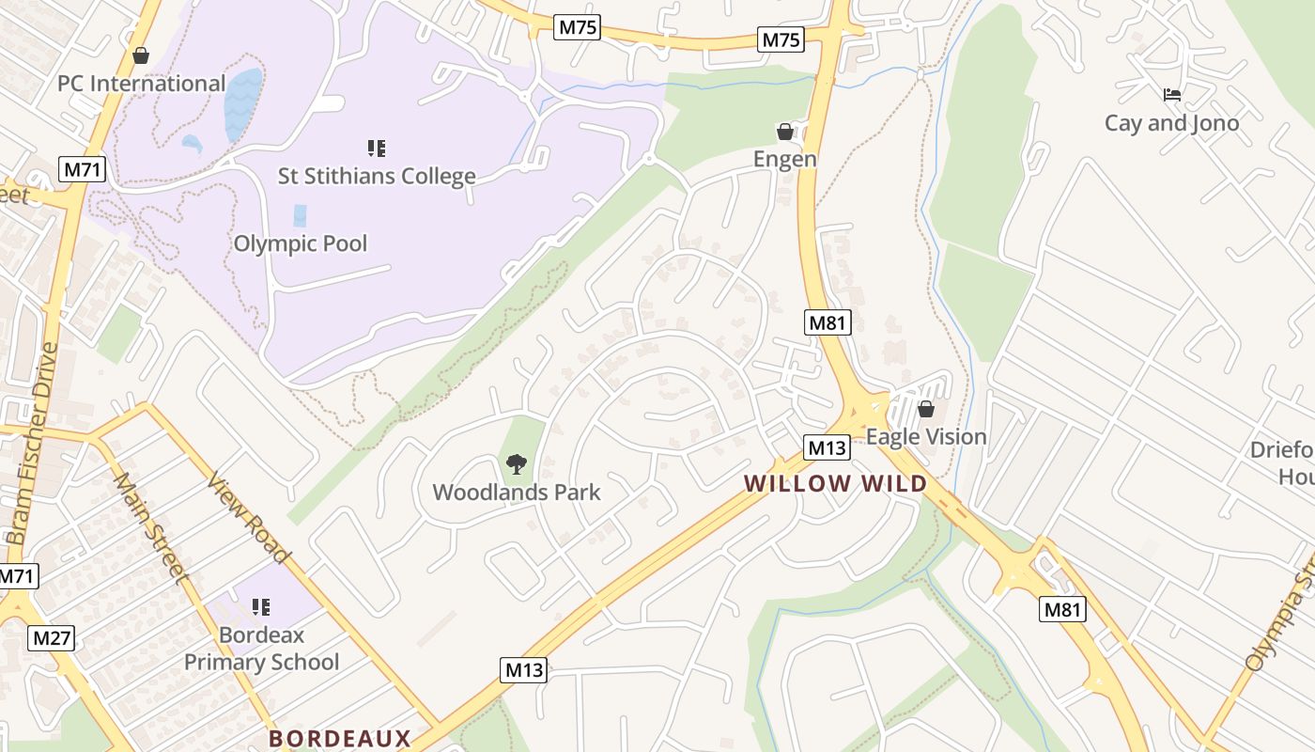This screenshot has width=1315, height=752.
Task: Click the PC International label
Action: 141,84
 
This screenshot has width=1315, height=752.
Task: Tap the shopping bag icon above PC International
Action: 141,56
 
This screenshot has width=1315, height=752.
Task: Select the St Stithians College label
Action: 377,176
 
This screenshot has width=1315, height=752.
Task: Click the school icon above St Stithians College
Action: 377,148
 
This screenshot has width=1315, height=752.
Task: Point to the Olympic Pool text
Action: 300,243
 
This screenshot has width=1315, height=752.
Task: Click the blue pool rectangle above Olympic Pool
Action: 300,215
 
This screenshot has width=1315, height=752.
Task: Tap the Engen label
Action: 785,159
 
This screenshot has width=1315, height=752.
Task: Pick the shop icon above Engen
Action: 785,131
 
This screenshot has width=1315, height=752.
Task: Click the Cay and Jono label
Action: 1171,123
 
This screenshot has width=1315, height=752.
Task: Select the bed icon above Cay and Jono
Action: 1171,95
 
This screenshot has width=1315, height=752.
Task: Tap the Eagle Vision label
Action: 925,436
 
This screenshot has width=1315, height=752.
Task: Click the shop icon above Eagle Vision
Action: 925,409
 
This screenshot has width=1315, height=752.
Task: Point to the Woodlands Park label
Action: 516,492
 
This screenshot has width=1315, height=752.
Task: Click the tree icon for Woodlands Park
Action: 516,463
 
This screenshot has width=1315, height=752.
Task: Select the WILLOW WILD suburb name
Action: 835,484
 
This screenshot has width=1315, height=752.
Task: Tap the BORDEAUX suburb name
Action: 340,738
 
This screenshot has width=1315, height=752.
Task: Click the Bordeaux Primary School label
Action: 261,649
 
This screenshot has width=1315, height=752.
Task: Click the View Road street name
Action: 249,520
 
